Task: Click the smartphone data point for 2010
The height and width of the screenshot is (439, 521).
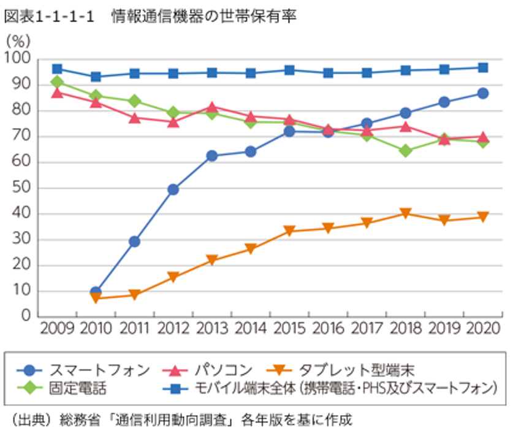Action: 96,292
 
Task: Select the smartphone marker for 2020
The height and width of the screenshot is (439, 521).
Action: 483,94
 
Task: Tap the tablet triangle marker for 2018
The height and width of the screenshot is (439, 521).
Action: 405,213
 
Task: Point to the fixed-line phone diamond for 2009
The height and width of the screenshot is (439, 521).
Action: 57,82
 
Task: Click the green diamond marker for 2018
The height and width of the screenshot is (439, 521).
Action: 405,150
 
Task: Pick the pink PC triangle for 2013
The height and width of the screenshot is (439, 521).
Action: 211,107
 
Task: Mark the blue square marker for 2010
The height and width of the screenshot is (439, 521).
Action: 96,77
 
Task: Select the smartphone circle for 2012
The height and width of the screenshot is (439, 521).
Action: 173,189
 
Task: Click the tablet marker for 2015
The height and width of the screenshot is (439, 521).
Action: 289,231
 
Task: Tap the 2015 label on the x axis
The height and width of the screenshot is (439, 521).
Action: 289,329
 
